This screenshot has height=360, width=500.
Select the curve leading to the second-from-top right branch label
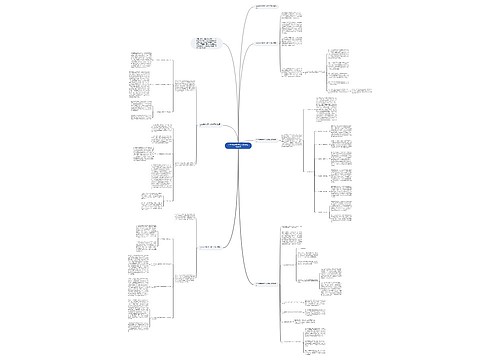[x=244, y=70]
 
